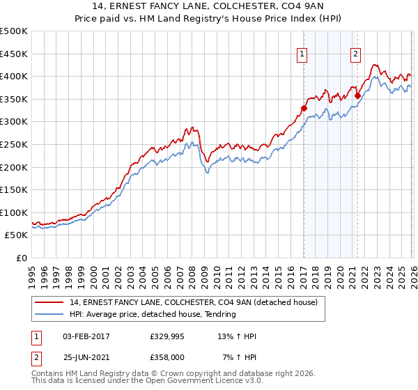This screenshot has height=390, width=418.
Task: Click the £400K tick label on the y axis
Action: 14,76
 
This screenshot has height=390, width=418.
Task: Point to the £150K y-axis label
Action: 14,189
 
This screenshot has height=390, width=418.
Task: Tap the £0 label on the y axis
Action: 22,258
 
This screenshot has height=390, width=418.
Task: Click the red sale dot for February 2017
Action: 304,108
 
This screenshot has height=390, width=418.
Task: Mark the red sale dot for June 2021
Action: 357,95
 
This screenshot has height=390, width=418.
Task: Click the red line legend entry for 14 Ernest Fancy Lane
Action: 194,302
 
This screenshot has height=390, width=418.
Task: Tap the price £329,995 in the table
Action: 167,336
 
